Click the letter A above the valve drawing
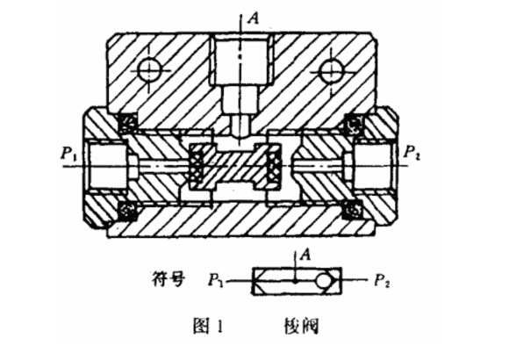pyautogui.click(x=254, y=18)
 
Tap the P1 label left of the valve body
pyautogui.click(x=68, y=153)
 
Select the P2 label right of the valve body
pyautogui.click(x=412, y=153)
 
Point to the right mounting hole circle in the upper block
pyautogui.click(x=330, y=70)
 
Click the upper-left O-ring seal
pyautogui.click(x=127, y=122)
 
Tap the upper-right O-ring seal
pyautogui.click(x=355, y=123)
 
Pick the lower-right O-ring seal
pyautogui.click(x=355, y=209)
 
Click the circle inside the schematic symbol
pyautogui.click(x=324, y=281)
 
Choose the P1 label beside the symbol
pyautogui.click(x=216, y=280)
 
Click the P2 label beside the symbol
pyautogui.click(x=382, y=280)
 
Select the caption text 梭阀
pyautogui.click(x=301, y=326)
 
